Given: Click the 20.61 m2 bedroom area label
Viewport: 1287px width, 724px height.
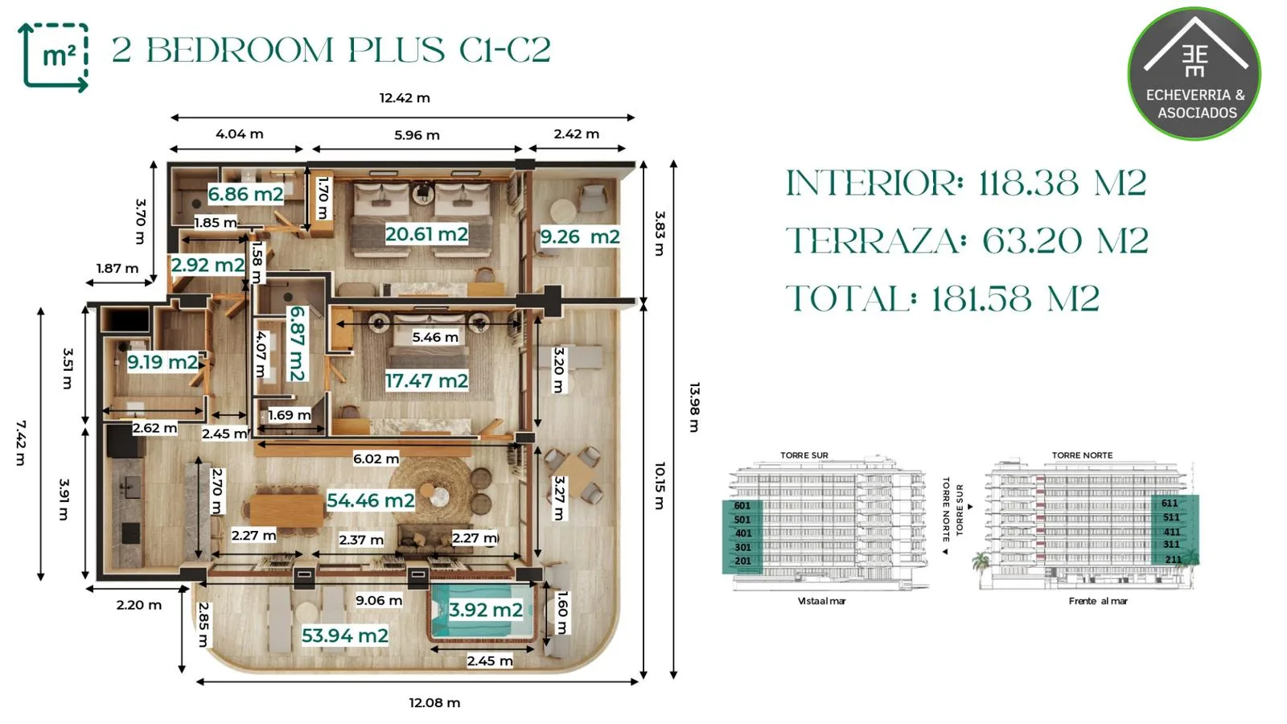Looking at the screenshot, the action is coord(426,234).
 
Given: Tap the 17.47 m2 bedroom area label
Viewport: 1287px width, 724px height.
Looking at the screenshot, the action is coord(426,381).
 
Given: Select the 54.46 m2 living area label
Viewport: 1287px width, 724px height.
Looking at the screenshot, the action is coord(371,500).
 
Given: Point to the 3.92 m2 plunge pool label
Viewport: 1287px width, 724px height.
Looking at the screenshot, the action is coord(486,610).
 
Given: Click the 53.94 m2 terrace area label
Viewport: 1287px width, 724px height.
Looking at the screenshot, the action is coord(345,636).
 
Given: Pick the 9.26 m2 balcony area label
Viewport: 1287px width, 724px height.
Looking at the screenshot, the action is coord(580,237).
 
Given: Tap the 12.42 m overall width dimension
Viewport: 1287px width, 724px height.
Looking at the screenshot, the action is coord(405,97).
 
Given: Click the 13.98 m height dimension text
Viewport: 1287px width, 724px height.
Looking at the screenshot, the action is coord(694,407).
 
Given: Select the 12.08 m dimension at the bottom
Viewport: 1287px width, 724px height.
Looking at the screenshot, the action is coord(434,702).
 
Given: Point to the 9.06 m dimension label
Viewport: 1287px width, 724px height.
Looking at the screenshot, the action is coord(379,600).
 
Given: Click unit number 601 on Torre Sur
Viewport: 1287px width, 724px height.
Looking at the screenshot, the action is coord(742,506).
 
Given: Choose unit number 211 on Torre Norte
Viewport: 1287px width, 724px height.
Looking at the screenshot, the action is coord(1174,559).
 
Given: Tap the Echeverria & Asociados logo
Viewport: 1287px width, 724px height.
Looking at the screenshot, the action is coord(1195,73).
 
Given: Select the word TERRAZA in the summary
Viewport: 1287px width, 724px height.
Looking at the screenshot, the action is coord(873,241).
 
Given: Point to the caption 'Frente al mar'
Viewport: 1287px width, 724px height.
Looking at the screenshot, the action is coord(1098,601).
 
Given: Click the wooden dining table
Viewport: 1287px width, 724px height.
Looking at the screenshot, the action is coord(286,510).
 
